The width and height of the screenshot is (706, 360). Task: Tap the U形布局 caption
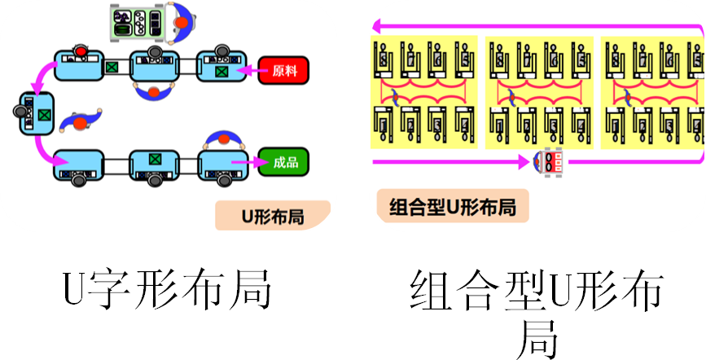(272, 217)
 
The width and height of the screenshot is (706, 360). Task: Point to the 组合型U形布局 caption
(453, 207)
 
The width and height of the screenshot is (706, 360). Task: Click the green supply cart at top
(136, 20)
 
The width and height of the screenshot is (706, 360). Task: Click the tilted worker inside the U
(80, 120)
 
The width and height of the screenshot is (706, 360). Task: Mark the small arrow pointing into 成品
(243, 163)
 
